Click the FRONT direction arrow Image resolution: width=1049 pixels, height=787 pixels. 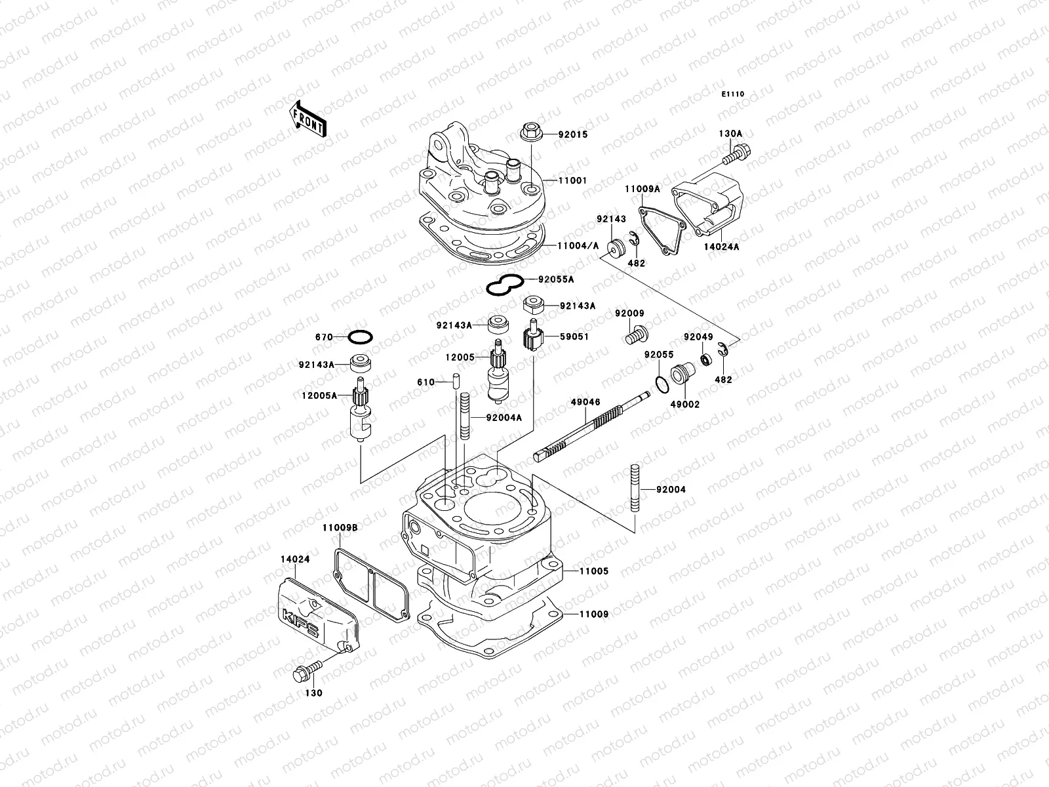(307, 119)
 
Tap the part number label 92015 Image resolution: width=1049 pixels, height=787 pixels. (573, 134)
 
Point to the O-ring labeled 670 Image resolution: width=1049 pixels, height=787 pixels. (360, 337)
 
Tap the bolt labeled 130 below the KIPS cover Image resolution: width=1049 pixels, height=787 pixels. (306, 671)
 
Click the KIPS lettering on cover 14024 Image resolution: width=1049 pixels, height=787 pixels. (301, 623)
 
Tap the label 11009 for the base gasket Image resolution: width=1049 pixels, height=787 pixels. (593, 615)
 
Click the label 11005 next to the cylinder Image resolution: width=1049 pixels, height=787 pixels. (593, 571)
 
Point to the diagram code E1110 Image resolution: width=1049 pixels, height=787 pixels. (733, 94)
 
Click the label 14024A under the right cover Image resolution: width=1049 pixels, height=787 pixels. (722, 247)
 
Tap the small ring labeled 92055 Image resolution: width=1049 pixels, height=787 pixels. (663, 382)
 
